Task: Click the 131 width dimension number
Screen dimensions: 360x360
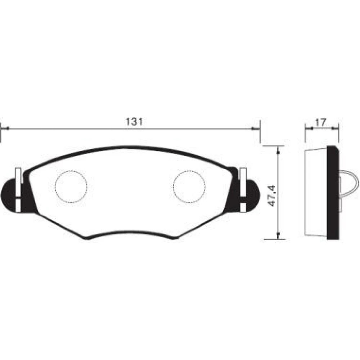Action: click(x=134, y=121)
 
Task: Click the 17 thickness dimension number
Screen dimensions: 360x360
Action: click(x=320, y=122)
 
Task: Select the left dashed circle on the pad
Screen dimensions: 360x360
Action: click(x=71, y=186)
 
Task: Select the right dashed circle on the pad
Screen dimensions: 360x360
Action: click(x=189, y=186)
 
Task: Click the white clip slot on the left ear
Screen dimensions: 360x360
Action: click(x=18, y=190)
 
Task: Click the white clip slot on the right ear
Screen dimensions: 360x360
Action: click(x=243, y=190)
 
